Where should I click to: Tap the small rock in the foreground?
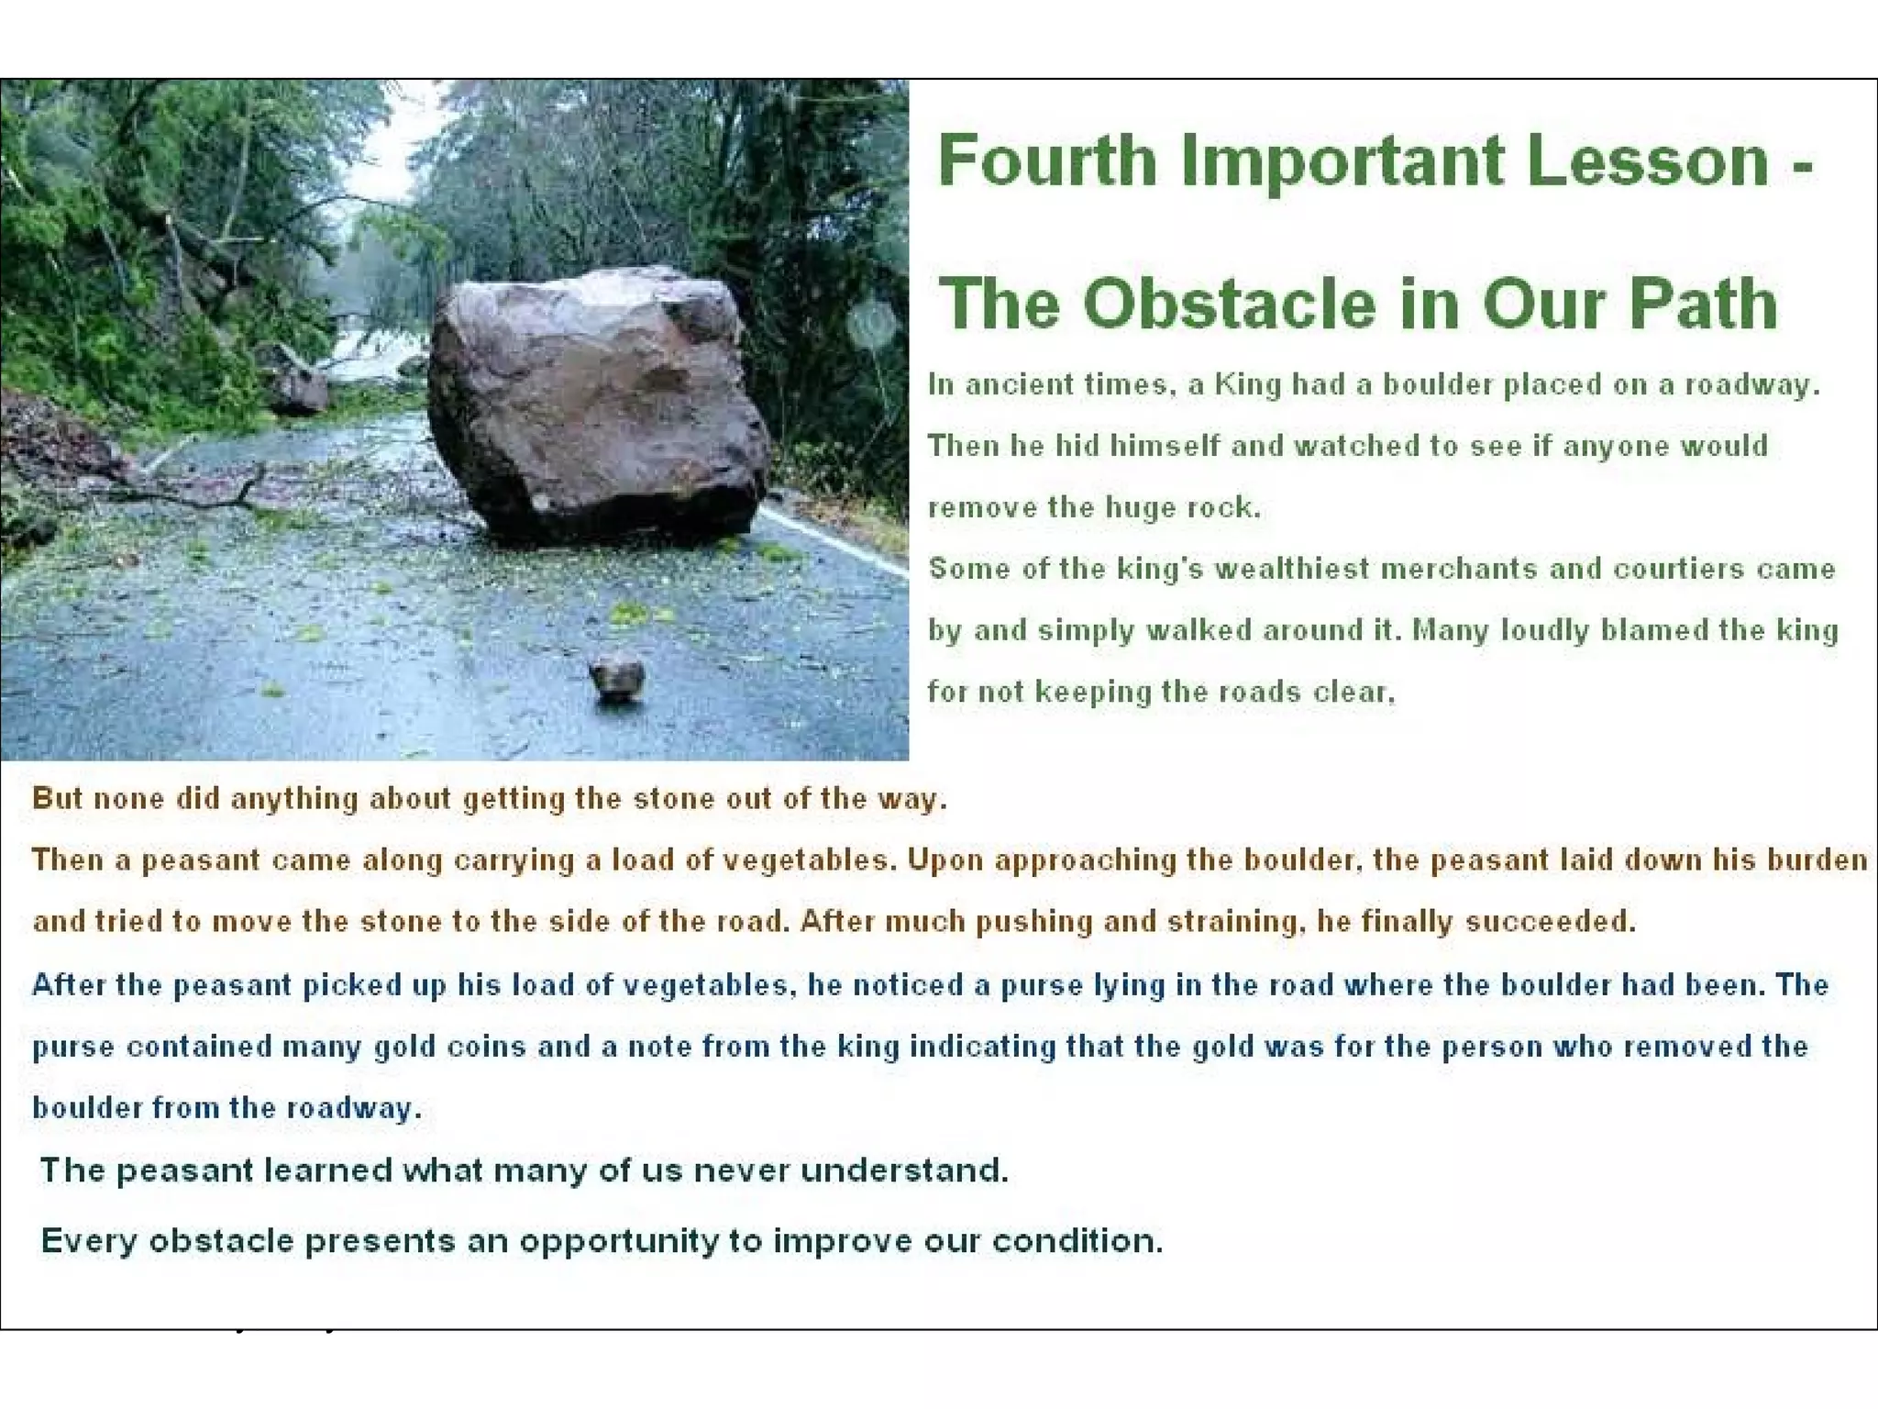(x=616, y=676)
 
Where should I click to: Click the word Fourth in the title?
(x=1046, y=161)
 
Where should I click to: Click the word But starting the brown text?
(x=57, y=798)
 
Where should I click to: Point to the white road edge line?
(x=834, y=541)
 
